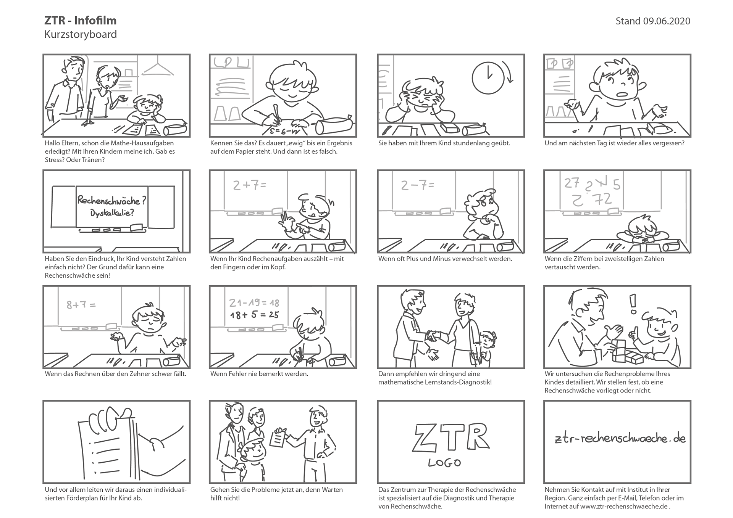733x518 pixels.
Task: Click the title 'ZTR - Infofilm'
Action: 81,21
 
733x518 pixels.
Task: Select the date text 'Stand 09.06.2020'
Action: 653,21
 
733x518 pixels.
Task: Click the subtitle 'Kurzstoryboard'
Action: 81,34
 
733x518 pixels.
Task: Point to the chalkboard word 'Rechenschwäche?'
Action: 112,200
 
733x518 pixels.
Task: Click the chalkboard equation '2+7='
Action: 249,185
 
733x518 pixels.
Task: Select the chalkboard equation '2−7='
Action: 418,185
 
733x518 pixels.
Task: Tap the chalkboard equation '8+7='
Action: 81,305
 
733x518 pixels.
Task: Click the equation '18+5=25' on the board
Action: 255,315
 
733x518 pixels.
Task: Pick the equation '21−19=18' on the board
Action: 254,303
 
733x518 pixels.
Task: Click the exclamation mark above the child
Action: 633,304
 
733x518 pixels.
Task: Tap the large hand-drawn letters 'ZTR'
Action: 451,436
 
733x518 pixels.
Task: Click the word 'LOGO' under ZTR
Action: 444,463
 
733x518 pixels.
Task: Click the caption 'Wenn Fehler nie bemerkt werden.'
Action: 259,374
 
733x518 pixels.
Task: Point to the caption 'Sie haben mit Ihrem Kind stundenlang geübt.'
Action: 444,143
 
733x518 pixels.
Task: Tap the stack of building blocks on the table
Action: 626,352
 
